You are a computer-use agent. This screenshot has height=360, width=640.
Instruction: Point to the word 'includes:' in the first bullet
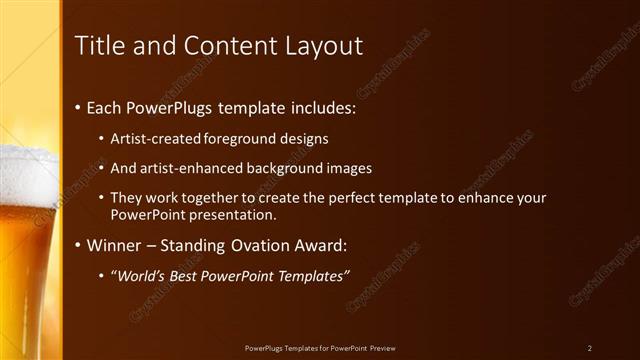click(x=323, y=107)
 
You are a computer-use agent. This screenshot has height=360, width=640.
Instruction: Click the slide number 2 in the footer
click(x=590, y=348)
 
